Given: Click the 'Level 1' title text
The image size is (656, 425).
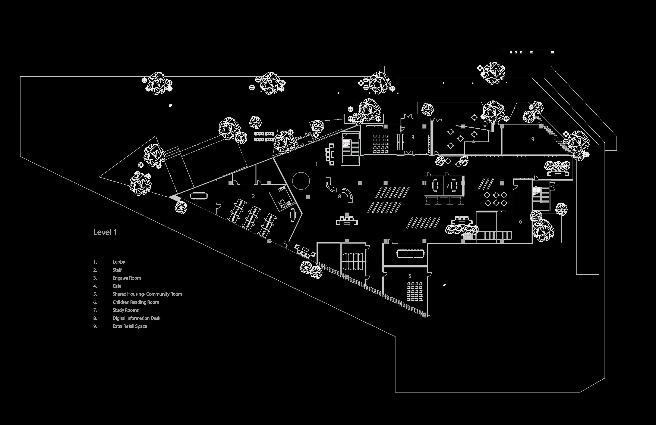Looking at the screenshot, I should click(105, 232).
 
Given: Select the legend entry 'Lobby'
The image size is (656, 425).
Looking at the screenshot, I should click(119, 262).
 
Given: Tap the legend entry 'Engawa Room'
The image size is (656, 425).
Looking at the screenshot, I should click(126, 278).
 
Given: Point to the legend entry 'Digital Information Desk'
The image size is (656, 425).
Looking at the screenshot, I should click(136, 318).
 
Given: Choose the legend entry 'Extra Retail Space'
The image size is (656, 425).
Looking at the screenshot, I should click(130, 326).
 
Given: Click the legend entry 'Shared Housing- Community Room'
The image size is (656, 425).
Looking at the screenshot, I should click(147, 294).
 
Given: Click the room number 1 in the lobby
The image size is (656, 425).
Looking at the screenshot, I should click(317, 164).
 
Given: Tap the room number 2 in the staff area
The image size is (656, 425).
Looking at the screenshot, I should click(253, 196).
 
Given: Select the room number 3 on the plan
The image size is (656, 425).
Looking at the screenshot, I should click(413, 137).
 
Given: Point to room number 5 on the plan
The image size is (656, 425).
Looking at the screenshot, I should click(410, 276).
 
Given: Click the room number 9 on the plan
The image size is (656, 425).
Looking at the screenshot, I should click(533, 139).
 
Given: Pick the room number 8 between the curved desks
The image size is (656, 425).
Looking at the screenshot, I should click(340, 196).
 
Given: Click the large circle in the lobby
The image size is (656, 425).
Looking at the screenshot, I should click(301, 181).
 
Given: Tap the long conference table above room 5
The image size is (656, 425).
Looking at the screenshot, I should click(410, 253).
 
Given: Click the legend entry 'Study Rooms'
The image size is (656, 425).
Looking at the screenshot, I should click(125, 310).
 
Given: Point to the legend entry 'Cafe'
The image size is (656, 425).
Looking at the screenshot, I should click(117, 286).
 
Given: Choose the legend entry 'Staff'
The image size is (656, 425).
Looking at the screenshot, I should click(117, 270).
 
